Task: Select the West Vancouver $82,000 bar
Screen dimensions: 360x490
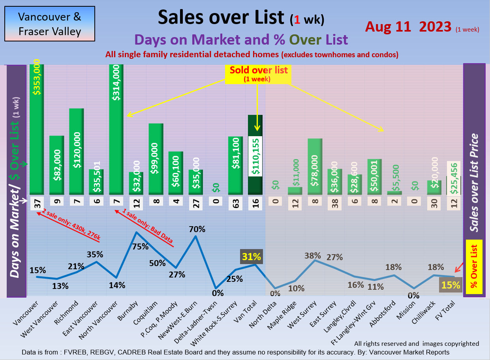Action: tap(56, 165)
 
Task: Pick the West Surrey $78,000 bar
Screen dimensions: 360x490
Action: tap(315, 166)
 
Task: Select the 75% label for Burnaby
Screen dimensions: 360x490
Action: tap(141, 247)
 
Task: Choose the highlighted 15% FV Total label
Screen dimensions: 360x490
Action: tap(451, 285)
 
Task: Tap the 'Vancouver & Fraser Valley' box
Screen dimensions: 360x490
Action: tap(50, 24)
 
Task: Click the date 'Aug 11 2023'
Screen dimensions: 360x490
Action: tap(408, 26)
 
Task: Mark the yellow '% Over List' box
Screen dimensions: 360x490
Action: tap(474, 267)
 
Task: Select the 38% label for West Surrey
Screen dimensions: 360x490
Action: tap(313, 255)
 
